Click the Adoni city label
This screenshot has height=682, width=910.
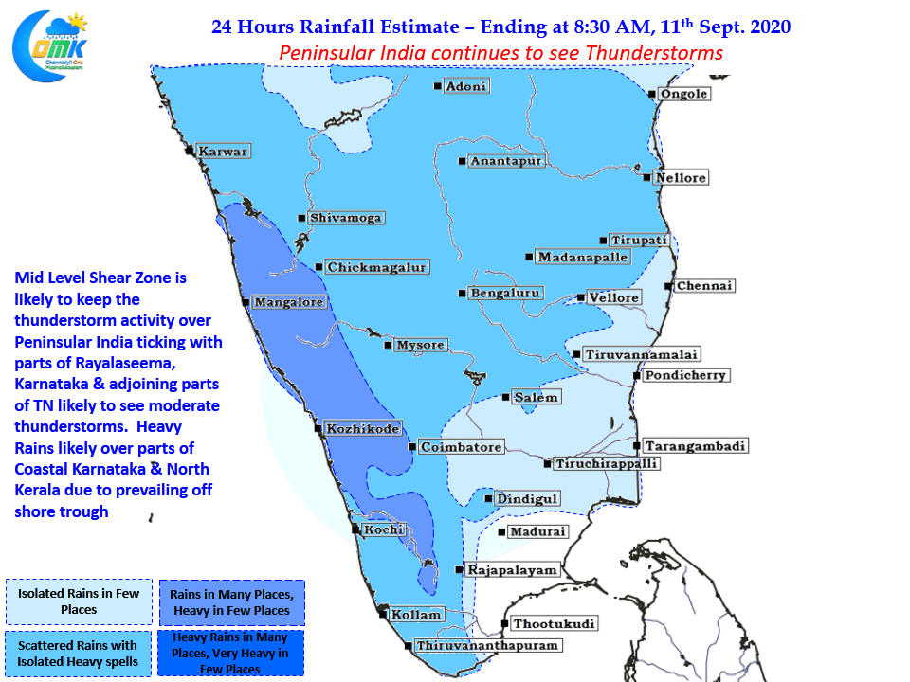click(466, 86)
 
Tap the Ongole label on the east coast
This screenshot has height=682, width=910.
click(684, 94)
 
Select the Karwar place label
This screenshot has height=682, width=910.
click(223, 152)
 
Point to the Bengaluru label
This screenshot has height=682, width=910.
click(505, 294)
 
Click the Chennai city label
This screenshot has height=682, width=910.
click(704, 286)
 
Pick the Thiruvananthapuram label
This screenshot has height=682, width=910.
click(487, 645)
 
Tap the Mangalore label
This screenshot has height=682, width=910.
click(288, 302)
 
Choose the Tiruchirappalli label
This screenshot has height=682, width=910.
click(606, 464)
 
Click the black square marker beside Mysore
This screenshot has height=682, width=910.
click(388, 345)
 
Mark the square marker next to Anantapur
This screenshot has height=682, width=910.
click(462, 161)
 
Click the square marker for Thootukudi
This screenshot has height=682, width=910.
click(505, 624)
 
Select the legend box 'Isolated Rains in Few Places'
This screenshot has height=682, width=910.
click(79, 601)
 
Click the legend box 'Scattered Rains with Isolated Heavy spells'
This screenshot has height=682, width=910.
click(79, 654)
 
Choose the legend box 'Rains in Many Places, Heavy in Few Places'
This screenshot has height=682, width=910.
click(232, 602)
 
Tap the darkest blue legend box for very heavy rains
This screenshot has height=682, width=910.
click(230, 653)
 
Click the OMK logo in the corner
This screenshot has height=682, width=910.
click(50, 46)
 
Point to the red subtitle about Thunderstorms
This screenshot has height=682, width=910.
click(500, 53)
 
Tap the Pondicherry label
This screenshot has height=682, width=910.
click(685, 375)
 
